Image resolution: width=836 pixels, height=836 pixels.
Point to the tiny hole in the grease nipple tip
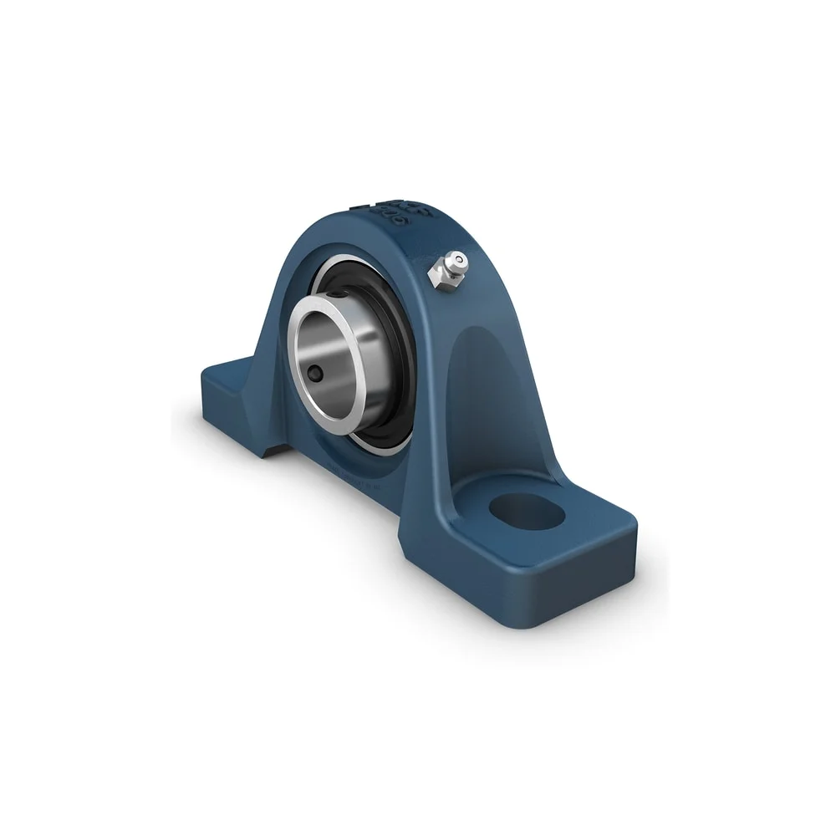pos(459,260)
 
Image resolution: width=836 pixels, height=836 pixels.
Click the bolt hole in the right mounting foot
pos(527,512)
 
